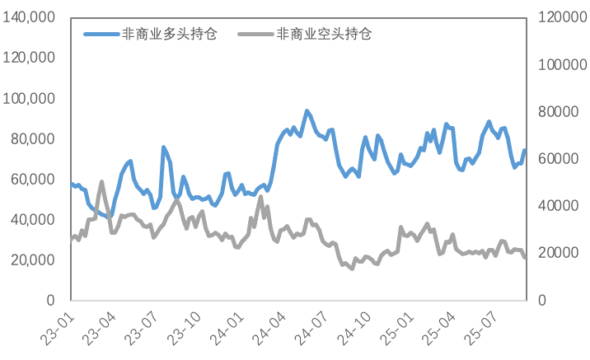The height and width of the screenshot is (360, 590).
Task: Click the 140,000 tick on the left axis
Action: (29, 17)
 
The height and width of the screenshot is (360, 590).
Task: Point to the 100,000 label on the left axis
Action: (29, 99)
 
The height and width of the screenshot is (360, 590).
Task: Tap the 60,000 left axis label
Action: (33, 180)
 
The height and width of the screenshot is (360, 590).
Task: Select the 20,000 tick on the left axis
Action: (33, 260)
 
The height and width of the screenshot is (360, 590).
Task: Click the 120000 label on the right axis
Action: (563, 17)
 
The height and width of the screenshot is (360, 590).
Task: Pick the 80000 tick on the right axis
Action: (559, 112)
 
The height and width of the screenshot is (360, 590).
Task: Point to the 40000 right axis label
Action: (559, 206)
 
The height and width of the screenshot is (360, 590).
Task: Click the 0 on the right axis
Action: (542, 300)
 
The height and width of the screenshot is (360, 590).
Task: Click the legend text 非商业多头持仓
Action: (169, 35)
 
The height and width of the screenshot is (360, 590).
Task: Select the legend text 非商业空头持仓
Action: (324, 35)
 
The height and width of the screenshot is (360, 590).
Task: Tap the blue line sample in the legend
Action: (101, 35)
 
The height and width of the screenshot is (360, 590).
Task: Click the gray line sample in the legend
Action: (256, 35)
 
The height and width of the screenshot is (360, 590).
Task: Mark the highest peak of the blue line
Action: (307, 111)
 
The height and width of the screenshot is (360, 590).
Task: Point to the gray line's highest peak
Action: (101, 182)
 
